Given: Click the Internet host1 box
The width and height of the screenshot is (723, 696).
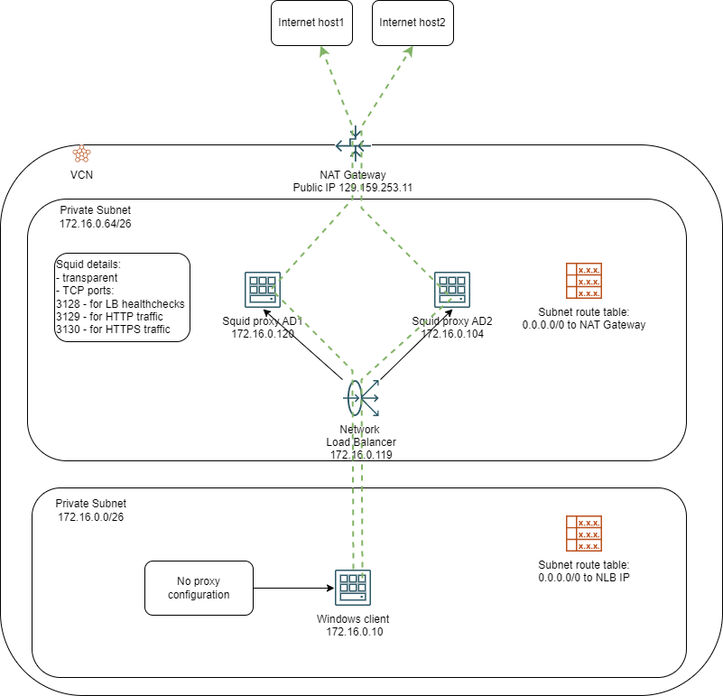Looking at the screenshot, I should coord(311,22).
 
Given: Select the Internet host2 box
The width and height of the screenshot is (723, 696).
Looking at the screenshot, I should coord(412,22).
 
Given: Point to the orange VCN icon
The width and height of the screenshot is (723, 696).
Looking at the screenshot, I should coord(81,153).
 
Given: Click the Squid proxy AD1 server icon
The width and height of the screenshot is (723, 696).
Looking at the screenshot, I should coord(262,291).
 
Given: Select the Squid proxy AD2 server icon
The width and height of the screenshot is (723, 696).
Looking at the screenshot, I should coord(450,291).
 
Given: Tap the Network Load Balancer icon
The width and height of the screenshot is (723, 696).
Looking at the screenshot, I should coord(361,397).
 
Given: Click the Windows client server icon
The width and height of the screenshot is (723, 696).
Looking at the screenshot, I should coord(352,589).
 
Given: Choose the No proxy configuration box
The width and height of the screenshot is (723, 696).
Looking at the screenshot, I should coord(199,589).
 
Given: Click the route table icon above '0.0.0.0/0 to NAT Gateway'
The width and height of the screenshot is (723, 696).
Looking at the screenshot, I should coord(583,282).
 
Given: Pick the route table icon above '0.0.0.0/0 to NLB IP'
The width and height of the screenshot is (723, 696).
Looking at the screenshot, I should coord(583,534).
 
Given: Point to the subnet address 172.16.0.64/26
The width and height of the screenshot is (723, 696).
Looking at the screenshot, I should coord(95,223).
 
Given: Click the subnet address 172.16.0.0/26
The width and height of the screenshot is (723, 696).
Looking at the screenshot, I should coord(90,517).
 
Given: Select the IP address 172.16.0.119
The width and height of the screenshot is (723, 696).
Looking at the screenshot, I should coord(360,455).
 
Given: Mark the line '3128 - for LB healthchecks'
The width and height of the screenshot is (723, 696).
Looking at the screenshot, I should coord(120,304).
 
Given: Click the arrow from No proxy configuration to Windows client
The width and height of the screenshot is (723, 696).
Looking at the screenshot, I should coord(289,589).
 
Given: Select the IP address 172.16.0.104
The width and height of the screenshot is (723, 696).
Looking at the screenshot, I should coord(454,334).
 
